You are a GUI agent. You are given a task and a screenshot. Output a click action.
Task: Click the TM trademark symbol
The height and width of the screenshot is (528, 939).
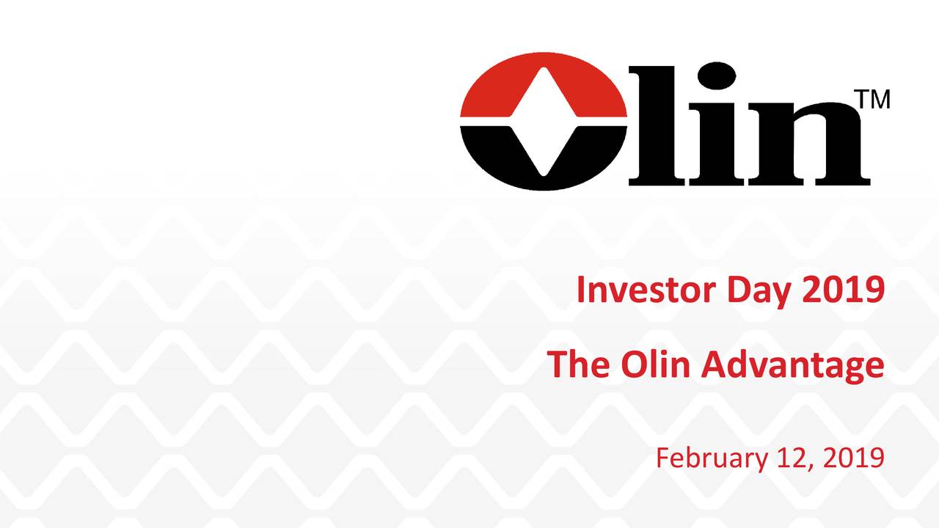click(874, 100)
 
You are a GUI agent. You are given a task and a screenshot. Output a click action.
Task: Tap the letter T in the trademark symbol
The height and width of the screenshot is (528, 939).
click(864, 100)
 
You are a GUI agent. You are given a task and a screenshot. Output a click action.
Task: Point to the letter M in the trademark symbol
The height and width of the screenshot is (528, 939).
click(880, 100)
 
